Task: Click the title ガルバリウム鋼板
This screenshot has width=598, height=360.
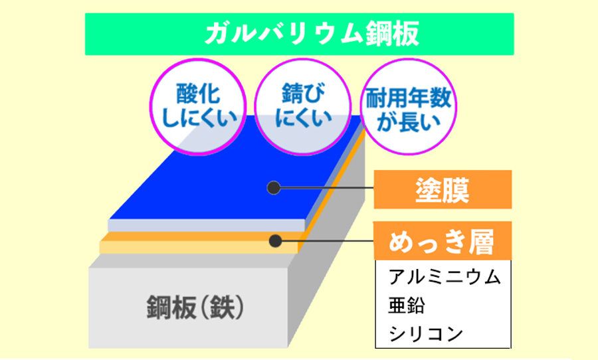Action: click(312, 34)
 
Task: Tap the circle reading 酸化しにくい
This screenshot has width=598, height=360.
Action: click(197, 106)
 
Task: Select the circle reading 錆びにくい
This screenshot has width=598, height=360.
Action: click(302, 106)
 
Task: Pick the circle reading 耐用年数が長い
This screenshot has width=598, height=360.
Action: click(409, 106)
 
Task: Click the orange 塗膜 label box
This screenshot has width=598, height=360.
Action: click(443, 189)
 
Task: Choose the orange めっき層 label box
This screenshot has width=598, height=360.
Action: click(443, 241)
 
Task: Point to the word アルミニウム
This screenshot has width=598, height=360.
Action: click(445, 276)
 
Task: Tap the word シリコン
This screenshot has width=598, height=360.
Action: click(426, 334)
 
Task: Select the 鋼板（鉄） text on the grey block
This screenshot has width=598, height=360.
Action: click(195, 308)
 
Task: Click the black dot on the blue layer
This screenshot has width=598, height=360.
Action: click(274, 187)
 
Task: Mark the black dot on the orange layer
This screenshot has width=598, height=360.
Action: click(275, 241)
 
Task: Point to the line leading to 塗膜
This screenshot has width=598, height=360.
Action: click(327, 187)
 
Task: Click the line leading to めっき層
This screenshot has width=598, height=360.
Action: click(328, 241)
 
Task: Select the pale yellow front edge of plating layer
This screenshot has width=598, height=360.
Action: click(199, 247)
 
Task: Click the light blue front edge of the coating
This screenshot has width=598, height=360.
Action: click(207, 225)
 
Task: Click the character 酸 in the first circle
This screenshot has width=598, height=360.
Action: click(187, 94)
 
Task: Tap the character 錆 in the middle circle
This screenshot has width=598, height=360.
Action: click(292, 94)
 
